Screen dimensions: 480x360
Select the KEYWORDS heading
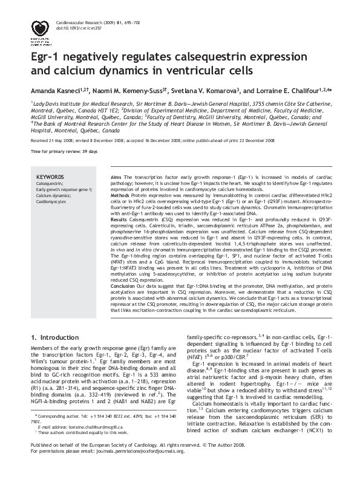tap(50, 175)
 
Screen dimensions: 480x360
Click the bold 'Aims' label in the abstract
tap(116, 175)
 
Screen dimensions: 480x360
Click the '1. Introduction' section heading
tap(54, 337)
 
